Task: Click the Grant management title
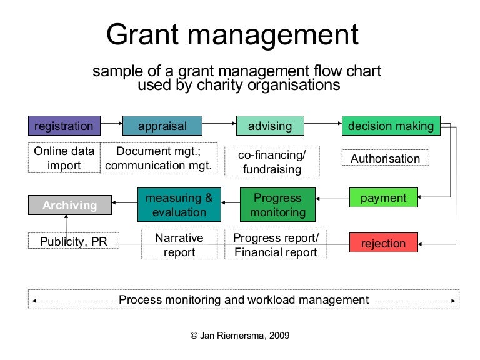click(x=232, y=36)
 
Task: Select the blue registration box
click(x=64, y=126)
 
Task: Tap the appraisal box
click(x=162, y=126)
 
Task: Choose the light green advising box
click(x=269, y=126)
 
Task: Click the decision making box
click(x=391, y=126)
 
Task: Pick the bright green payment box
click(x=383, y=198)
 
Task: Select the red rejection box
click(x=383, y=243)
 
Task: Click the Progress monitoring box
click(x=277, y=205)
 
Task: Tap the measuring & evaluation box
click(x=179, y=205)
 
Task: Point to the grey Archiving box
click(x=69, y=205)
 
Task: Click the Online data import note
click(x=64, y=158)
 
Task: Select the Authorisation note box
click(x=385, y=158)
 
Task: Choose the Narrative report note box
click(x=179, y=244)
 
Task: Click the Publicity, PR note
click(x=73, y=241)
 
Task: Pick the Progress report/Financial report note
click(x=276, y=244)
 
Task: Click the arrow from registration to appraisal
click(x=111, y=126)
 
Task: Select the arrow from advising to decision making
click(x=322, y=126)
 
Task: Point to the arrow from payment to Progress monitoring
click(x=332, y=199)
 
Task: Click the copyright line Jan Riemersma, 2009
click(x=240, y=336)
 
